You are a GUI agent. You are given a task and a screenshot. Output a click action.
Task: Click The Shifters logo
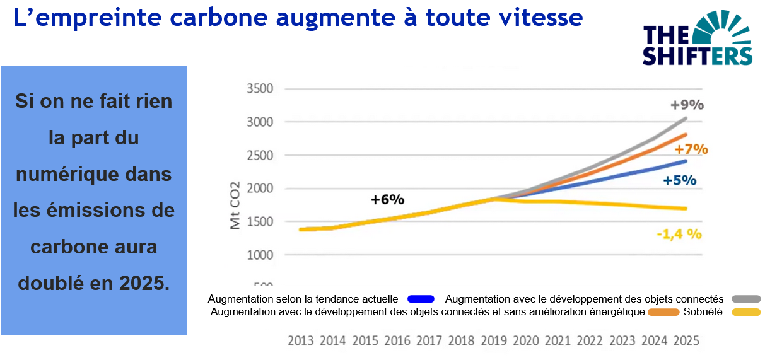click(x=697, y=39)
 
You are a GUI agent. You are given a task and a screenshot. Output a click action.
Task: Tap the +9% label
click(x=687, y=105)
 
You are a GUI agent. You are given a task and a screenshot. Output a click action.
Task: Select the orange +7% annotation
click(x=691, y=149)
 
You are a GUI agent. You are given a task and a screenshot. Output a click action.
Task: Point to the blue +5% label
click(x=679, y=180)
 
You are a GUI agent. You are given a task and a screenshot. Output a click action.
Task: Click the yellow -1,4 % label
click(x=679, y=234)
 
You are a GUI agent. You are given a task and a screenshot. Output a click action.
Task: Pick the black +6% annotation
click(x=387, y=199)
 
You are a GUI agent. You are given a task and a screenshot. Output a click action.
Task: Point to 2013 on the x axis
click(x=301, y=341)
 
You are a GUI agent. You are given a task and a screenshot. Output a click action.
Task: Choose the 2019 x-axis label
click(x=494, y=341)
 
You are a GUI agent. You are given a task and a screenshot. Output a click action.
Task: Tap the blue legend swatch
click(x=422, y=299)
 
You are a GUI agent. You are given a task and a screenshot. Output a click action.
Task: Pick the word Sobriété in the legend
click(x=703, y=312)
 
